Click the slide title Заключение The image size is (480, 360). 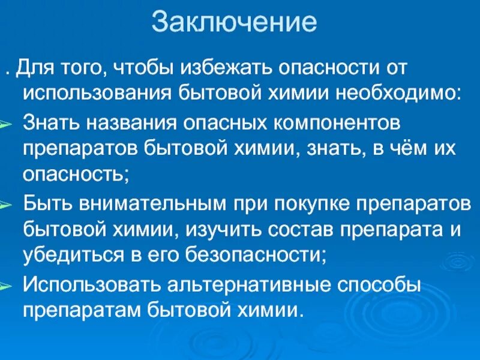click(x=234, y=22)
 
